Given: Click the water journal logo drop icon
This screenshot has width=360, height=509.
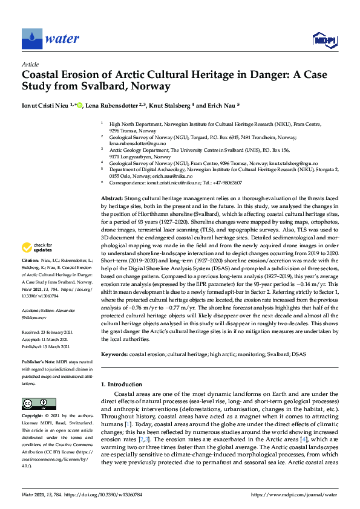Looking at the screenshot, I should pyautogui.click(x=31, y=39).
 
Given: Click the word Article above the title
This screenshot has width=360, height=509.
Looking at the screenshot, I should pyautogui.click(x=30, y=64).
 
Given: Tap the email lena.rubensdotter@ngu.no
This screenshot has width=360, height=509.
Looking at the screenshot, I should pyautogui.click(x=135, y=144).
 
